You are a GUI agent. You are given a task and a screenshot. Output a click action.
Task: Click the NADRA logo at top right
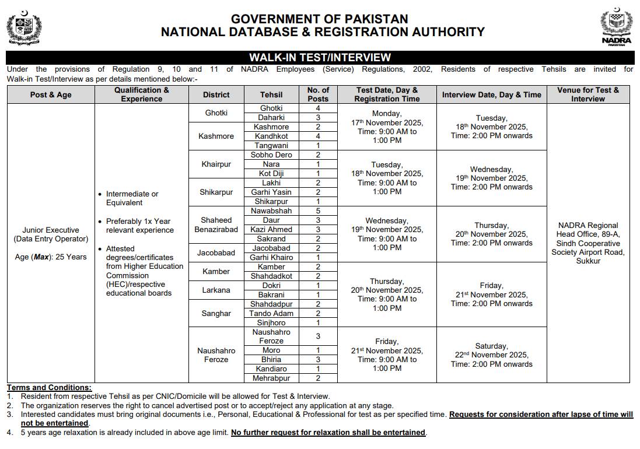point(616,28)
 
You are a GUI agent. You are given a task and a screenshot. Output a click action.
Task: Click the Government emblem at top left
point(24,28)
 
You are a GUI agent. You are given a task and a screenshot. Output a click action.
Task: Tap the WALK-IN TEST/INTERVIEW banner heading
point(320,57)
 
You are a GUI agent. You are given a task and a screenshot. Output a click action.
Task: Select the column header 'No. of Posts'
point(318,94)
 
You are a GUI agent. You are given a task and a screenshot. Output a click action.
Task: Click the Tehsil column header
point(271,94)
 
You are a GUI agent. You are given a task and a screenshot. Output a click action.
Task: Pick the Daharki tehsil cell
point(271,117)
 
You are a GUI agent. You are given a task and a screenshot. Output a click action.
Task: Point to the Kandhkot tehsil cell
point(271,136)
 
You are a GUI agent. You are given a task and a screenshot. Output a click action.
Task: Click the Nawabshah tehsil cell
point(271,211)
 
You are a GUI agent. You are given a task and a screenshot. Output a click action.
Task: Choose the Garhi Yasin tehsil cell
point(271,192)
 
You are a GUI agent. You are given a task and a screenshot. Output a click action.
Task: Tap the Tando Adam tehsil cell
point(271,313)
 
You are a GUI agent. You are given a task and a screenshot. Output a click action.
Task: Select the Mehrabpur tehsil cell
point(271,378)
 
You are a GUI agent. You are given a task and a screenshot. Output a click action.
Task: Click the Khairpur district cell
point(216,164)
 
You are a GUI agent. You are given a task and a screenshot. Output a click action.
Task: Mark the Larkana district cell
point(216,290)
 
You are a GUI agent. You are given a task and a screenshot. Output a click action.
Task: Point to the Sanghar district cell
point(216,313)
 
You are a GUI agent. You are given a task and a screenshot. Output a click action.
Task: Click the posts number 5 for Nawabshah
point(318,211)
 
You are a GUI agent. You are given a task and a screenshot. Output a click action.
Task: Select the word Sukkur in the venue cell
point(587,261)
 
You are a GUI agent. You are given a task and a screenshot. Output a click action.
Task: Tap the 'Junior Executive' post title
point(50,230)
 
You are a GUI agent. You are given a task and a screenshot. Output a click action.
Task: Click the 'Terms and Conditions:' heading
point(49,387)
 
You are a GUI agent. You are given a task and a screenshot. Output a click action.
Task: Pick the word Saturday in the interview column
point(491,346)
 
